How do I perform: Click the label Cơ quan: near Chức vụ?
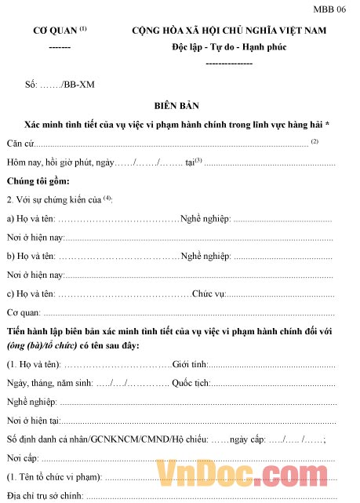[24, 312]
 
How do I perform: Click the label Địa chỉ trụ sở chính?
[45, 495]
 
